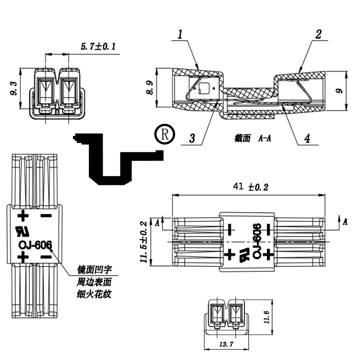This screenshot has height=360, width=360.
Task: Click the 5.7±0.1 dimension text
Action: (x=98, y=47)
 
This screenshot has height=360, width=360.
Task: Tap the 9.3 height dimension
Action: (x=14, y=89)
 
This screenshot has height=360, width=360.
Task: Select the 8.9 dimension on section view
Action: (x=149, y=88)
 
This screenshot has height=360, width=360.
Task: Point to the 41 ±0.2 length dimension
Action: (x=251, y=186)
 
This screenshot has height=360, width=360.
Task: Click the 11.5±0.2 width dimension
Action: (x=144, y=242)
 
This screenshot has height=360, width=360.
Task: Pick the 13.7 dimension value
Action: (x=226, y=344)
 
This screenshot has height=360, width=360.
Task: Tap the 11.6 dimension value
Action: (x=266, y=317)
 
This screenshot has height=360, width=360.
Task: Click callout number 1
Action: (x=180, y=35)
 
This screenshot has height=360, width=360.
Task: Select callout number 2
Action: (x=318, y=35)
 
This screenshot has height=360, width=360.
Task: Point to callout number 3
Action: (x=192, y=138)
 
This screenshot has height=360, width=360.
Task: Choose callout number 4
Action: (x=307, y=138)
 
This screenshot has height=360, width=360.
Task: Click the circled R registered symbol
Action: (x=165, y=134)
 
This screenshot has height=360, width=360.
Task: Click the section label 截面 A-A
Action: (x=252, y=138)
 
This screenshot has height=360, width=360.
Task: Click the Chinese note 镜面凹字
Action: (x=95, y=269)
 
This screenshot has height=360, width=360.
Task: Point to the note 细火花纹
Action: (x=94, y=294)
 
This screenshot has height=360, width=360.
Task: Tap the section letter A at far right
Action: (x=345, y=222)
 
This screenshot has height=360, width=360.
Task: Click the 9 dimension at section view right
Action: (x=339, y=90)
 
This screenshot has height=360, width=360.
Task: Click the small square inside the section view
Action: (x=204, y=88)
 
